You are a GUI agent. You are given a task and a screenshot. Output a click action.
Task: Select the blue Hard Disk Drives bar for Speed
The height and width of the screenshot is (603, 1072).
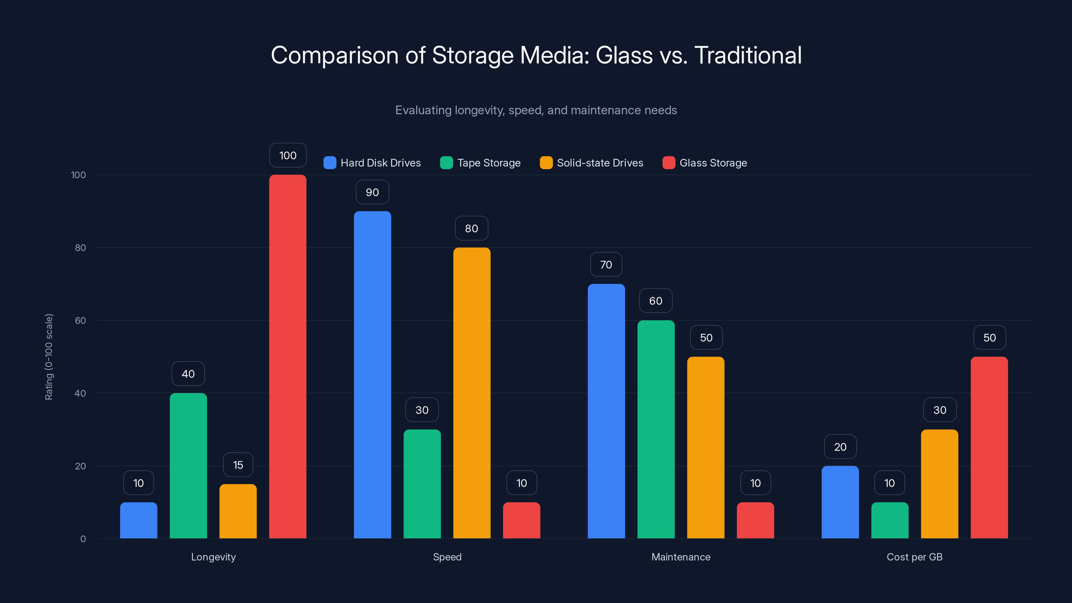pos(373,375)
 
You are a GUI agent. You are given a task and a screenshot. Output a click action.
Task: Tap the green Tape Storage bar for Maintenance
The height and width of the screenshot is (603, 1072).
pos(656,429)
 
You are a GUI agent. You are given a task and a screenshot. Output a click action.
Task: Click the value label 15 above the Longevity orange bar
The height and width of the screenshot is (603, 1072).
pos(238,465)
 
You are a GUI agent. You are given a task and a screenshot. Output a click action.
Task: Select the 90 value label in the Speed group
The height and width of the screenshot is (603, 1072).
pos(373,192)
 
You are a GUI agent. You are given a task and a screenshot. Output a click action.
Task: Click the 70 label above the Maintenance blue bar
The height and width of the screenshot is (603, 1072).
pos(606,264)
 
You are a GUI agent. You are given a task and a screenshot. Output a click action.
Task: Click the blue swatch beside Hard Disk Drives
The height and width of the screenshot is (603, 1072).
pos(330,163)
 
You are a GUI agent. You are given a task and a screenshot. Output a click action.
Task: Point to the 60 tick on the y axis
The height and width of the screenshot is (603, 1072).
pos(80,321)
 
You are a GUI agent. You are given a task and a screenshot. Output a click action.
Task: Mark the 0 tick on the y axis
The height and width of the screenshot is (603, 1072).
pos(83,539)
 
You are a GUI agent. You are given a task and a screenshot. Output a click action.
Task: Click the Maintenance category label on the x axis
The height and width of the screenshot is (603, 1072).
pos(681,557)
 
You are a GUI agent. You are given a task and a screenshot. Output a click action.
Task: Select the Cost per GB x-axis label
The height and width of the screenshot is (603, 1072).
pos(914,557)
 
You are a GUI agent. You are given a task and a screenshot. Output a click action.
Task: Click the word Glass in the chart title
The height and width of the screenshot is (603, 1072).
pos(624,55)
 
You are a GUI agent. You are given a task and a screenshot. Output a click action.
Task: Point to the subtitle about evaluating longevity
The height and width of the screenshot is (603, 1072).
pos(536,110)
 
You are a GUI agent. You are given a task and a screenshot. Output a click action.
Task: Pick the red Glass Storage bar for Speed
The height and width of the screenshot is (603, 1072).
pos(522,520)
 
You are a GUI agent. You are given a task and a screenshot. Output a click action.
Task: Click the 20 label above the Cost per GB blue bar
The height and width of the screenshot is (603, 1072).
pos(840,447)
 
